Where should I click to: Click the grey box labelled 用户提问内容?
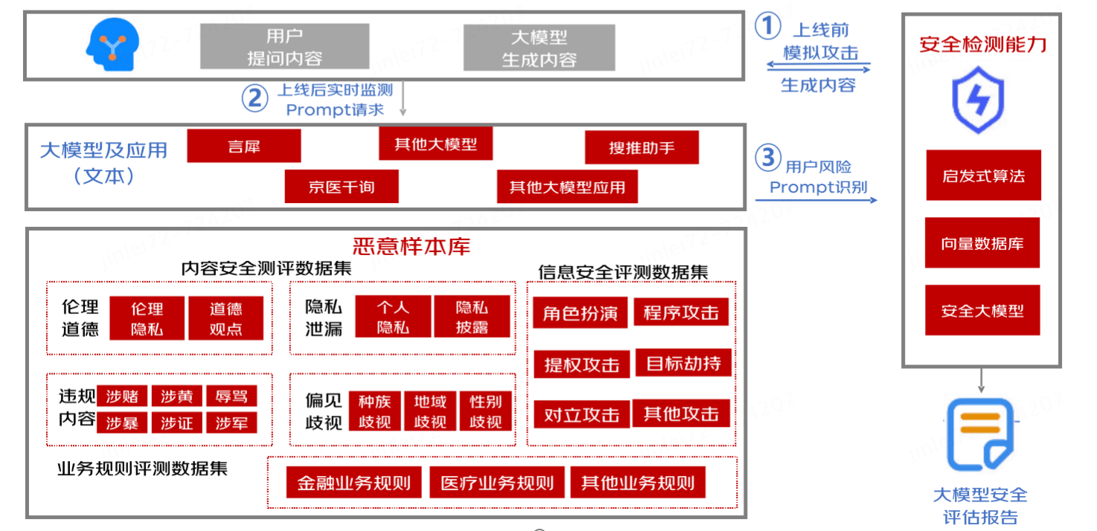tap(284, 47)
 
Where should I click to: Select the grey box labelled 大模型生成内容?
tap(540, 48)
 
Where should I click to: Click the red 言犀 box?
tap(244, 146)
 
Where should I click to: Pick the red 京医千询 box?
tap(342, 187)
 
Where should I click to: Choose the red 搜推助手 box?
tap(642, 147)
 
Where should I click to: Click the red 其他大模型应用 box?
tap(567, 187)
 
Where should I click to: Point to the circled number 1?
tap(767, 27)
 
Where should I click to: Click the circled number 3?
tap(768, 158)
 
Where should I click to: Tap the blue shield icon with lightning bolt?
tap(979, 98)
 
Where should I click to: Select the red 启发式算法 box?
tap(983, 176)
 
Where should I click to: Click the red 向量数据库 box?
tap(982, 243)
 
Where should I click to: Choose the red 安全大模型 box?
tap(982, 310)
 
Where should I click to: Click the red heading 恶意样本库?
tap(412, 246)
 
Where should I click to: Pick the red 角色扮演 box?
tap(581, 313)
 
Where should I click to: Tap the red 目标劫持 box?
tap(683, 364)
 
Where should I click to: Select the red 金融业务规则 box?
tap(354, 483)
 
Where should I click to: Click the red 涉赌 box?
tap(123, 396)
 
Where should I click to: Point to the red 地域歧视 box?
tap(430, 412)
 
